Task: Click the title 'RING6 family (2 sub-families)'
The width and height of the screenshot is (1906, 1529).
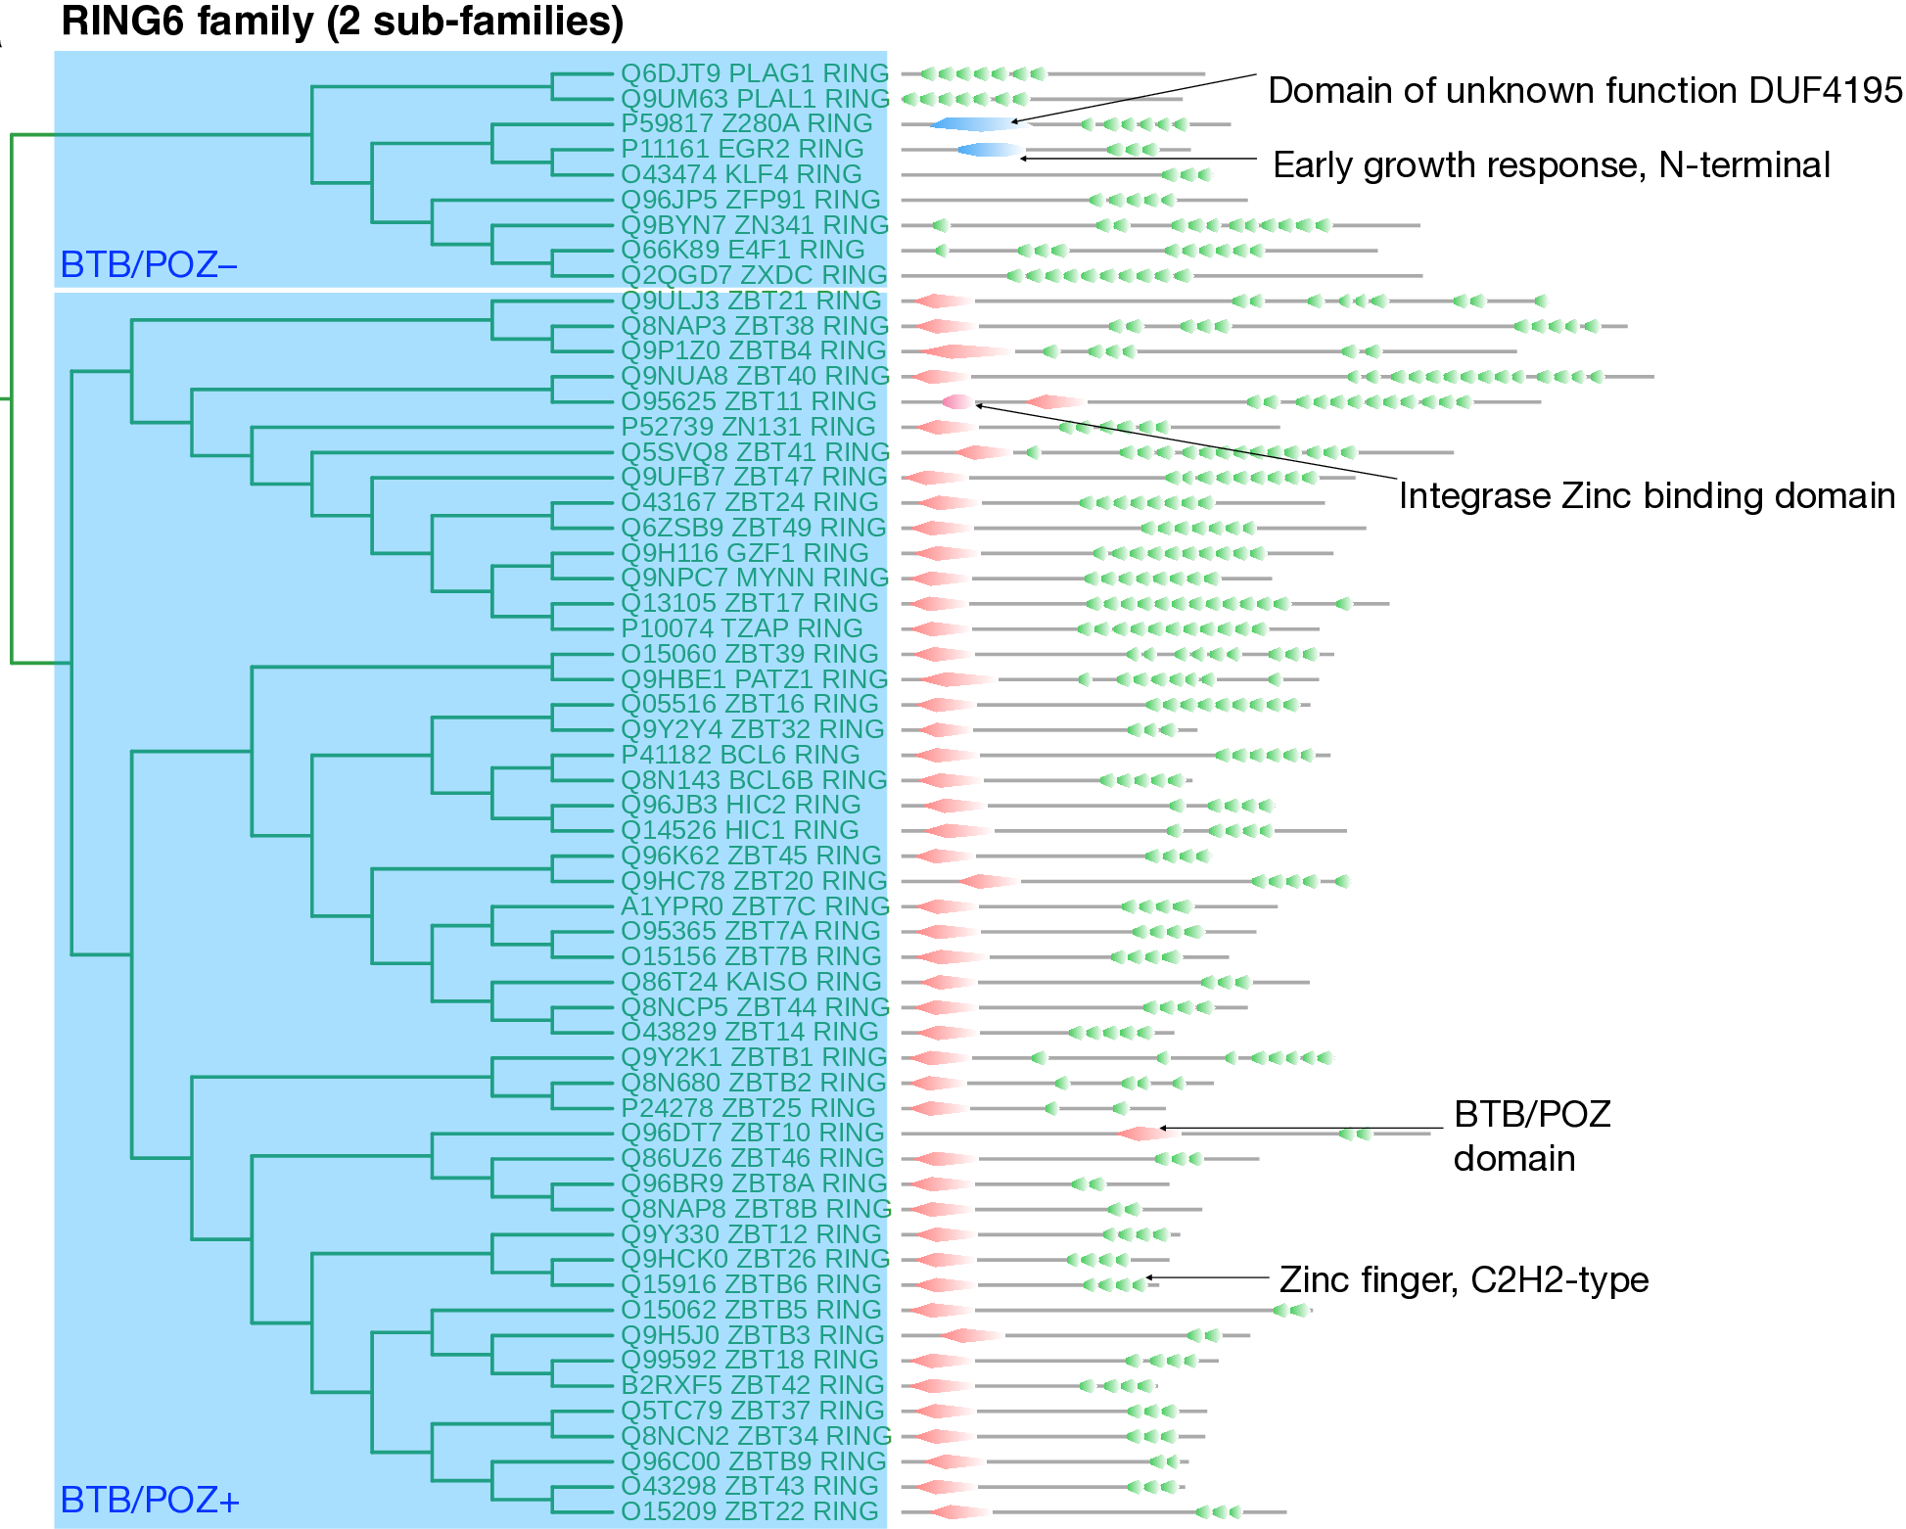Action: tap(342, 22)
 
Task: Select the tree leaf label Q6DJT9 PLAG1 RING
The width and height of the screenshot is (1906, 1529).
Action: tap(754, 73)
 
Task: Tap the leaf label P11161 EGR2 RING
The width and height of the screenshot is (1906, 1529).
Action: tap(742, 149)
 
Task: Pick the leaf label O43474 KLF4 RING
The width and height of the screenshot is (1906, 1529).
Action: tap(741, 174)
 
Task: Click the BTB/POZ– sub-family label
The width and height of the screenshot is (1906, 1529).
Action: tap(149, 264)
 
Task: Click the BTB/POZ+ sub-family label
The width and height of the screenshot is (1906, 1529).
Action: tap(150, 1500)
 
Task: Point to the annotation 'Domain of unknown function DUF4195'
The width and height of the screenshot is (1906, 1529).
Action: tap(1584, 91)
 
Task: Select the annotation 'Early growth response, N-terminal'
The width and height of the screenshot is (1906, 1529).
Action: tap(1551, 165)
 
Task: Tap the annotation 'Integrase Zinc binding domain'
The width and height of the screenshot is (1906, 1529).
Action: tap(1647, 496)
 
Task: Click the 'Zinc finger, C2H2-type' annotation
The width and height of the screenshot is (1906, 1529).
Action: tap(1464, 1280)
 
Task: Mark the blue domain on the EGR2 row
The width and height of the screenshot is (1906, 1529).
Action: tap(990, 150)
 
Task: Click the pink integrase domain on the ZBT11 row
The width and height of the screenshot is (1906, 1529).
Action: tap(957, 401)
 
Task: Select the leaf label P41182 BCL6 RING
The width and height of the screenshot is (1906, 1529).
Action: tap(740, 755)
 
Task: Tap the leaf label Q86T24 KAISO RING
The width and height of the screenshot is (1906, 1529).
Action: tap(751, 982)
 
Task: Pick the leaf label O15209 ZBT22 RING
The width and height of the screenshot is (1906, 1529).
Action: tap(750, 1511)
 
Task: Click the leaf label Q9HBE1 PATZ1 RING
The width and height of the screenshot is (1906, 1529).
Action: tap(754, 679)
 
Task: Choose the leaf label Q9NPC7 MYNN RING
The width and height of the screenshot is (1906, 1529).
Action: tap(754, 578)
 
